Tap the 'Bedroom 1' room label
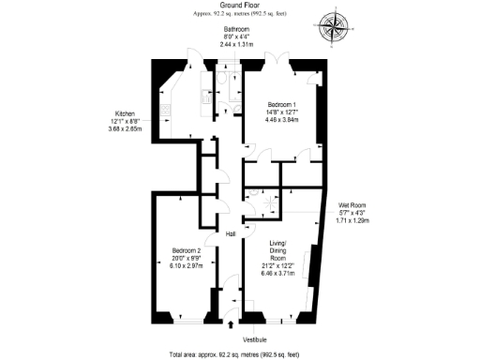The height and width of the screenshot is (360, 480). coord(282,103)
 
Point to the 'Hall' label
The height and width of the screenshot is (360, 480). coord(230,233)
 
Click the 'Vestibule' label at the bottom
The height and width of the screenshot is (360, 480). coord(255,338)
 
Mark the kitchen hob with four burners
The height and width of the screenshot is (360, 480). coord(166,112)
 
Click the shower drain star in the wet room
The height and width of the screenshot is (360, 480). coord(267,202)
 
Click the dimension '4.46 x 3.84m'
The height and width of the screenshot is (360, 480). coord(282,120)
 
